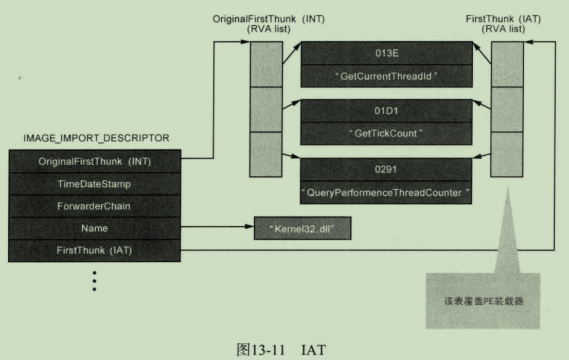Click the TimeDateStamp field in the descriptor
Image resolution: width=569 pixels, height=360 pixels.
tap(95, 184)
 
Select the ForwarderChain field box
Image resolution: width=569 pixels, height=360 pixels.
tap(95, 206)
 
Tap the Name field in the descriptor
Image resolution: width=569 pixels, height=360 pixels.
tap(95, 228)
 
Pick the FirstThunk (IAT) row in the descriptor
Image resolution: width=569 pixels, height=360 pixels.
tap(95, 250)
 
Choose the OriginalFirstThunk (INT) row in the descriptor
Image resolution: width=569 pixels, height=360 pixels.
tap(95, 161)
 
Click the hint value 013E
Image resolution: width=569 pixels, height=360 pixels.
tap(387, 53)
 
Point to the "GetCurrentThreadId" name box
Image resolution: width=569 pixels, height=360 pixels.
tap(387, 76)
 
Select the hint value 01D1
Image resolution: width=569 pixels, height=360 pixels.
tap(387, 110)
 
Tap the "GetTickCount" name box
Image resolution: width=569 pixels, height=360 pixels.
tap(387, 133)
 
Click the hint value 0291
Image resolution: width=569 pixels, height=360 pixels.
tap(387, 169)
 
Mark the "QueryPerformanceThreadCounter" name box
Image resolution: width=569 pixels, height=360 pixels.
tap(387, 193)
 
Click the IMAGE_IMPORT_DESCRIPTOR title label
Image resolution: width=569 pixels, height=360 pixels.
tap(97, 138)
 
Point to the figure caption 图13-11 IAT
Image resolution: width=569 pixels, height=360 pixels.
tap(281, 350)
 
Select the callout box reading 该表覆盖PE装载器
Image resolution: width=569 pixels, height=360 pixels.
tap(483, 301)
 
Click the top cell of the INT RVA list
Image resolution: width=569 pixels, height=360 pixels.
tap(266, 64)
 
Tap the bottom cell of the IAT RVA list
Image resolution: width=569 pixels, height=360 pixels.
tap(507, 154)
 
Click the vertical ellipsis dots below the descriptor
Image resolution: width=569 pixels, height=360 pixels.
tap(94, 281)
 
